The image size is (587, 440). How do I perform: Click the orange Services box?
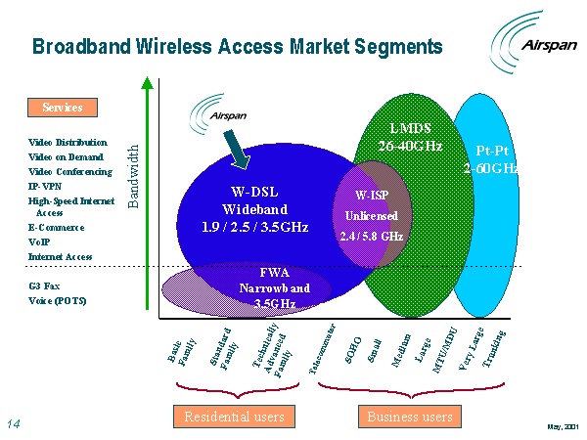[62, 107]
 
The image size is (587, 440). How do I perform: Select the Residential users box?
[235, 417]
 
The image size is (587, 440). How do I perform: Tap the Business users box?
[410, 417]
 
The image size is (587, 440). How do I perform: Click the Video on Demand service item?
[66, 156]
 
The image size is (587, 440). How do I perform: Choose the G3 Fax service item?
[45, 286]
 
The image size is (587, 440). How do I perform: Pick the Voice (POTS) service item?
[57, 300]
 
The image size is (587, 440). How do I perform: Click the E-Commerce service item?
[56, 228]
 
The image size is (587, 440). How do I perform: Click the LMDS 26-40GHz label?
[411, 137]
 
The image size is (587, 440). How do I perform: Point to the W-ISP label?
[371, 195]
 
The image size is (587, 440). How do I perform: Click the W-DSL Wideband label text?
[254, 209]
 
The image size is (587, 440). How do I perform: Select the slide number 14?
[14, 423]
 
